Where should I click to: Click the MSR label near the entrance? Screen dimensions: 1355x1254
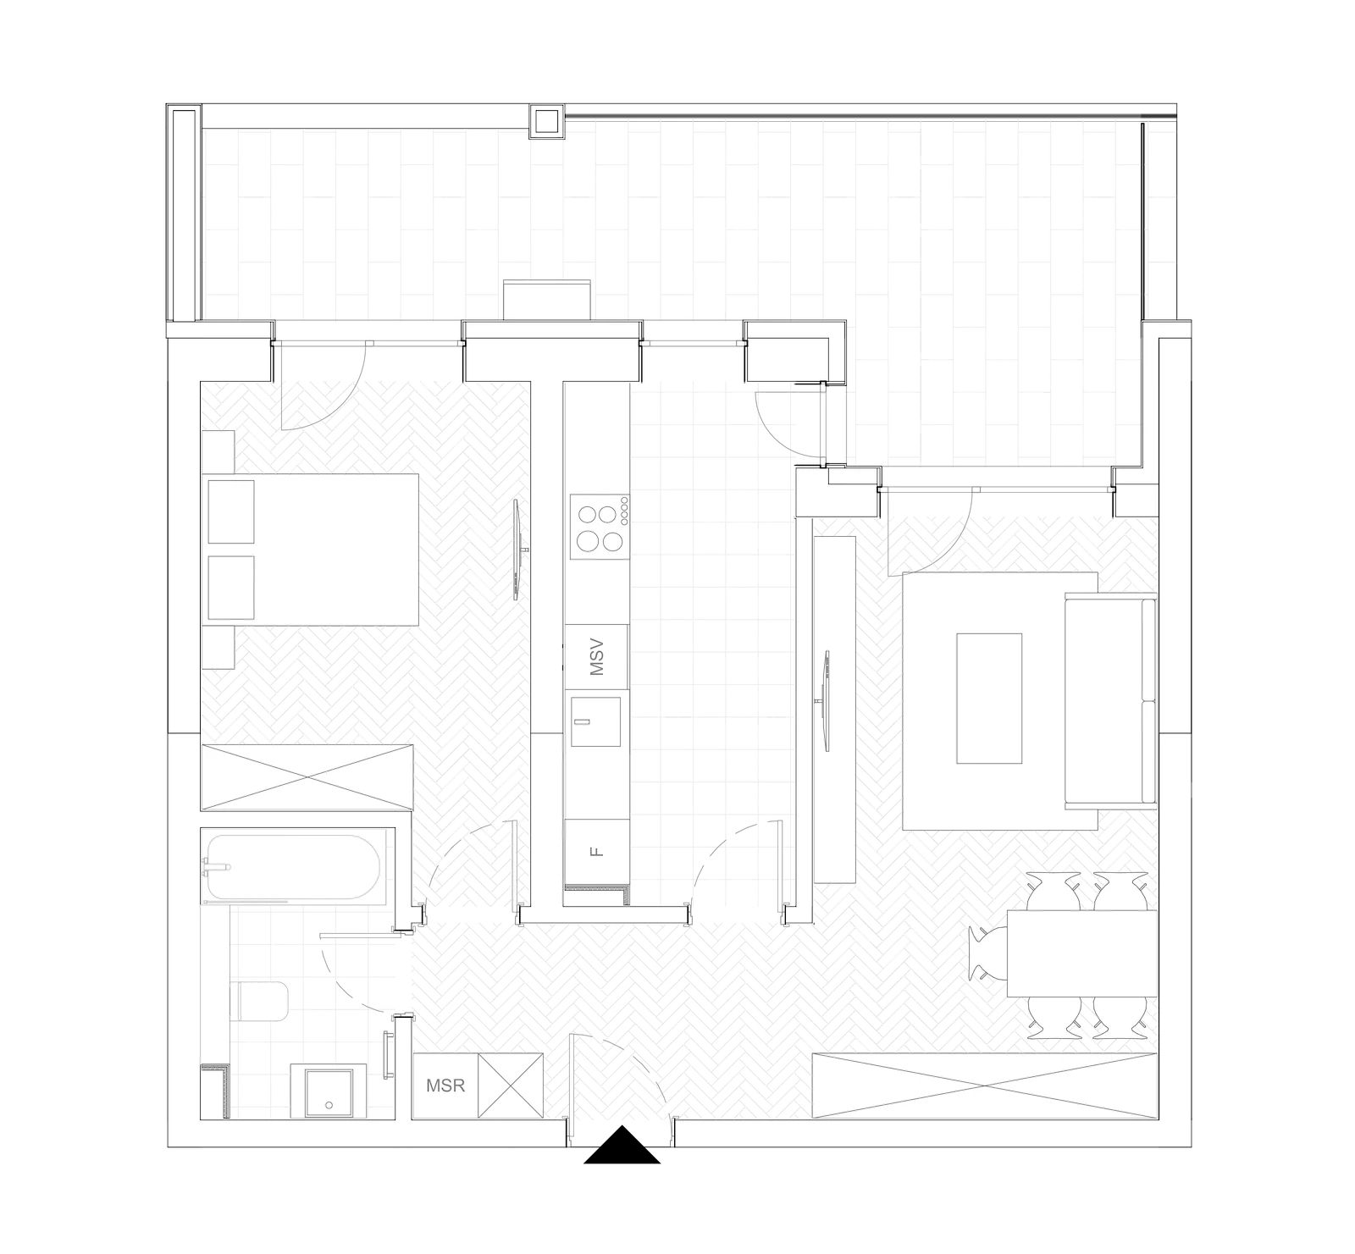coord(445,1086)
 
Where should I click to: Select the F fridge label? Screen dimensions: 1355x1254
coord(597,851)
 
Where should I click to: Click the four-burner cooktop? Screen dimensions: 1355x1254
coord(600,527)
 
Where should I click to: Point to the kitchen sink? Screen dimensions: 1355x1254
coord(595,721)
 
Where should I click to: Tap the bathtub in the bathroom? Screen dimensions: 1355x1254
coord(293,868)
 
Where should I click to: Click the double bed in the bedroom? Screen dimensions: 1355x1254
coord(312,550)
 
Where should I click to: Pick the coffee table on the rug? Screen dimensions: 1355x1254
coord(989,699)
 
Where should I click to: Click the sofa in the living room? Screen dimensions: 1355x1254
coord(1110,700)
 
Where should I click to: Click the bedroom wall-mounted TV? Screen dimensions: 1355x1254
coord(518,551)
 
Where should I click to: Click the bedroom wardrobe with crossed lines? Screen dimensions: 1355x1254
coord(307,777)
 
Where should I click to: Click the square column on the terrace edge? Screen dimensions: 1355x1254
coord(545,123)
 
